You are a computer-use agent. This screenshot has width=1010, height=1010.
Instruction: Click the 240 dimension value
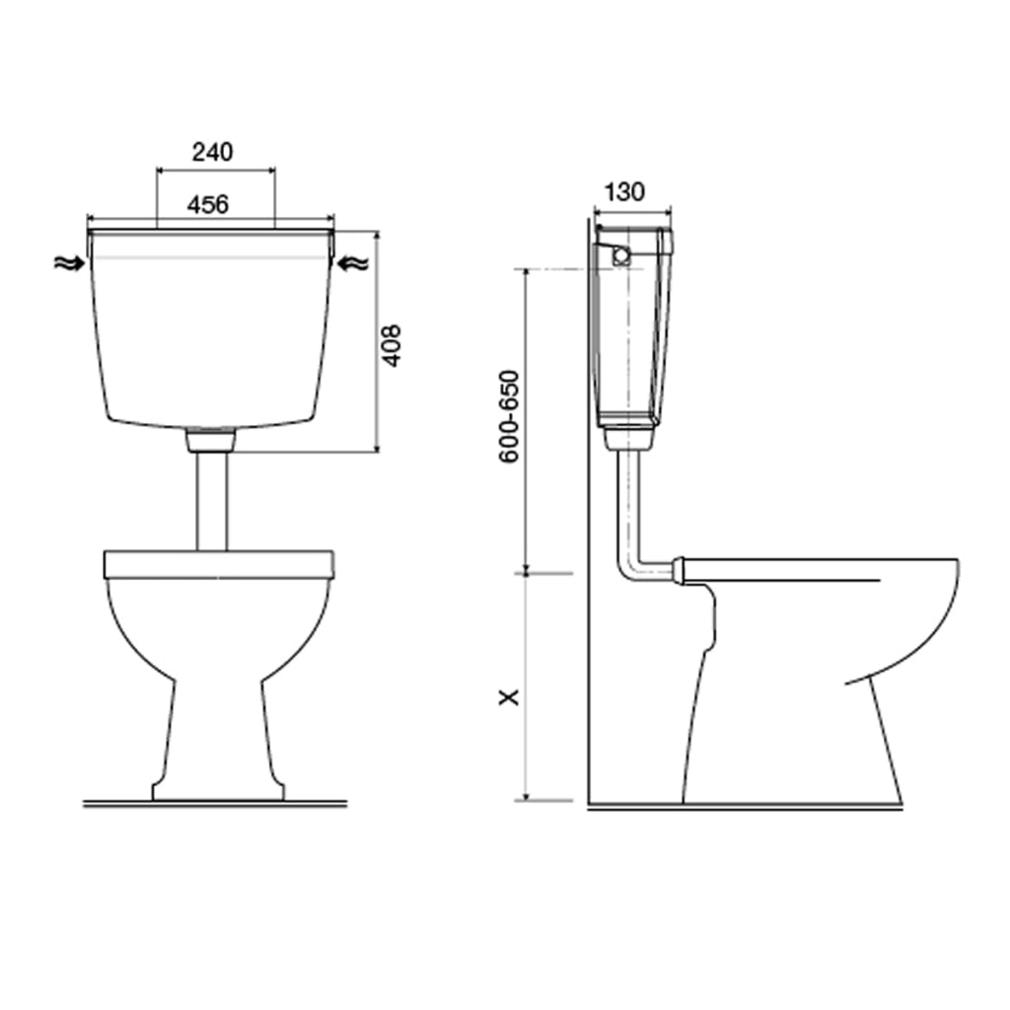click(213, 152)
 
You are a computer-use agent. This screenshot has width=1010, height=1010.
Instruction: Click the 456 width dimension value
click(208, 204)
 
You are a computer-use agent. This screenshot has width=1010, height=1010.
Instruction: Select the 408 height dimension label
click(391, 346)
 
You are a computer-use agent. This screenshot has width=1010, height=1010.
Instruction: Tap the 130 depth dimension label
click(624, 191)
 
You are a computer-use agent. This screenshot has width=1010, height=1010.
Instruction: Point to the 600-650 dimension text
click(509, 417)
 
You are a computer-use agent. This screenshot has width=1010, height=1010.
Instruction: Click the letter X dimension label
click(510, 697)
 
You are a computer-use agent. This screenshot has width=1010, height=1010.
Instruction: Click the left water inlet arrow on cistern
click(69, 262)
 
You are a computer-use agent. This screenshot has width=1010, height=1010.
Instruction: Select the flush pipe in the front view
click(212, 501)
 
